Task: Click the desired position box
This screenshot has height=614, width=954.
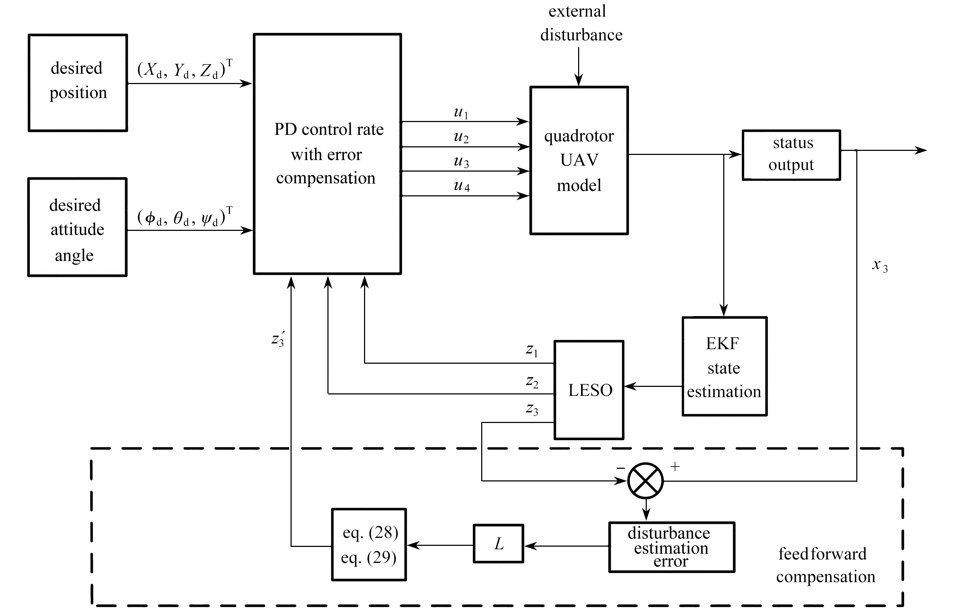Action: pyautogui.click(x=78, y=82)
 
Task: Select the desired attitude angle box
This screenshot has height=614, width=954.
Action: pyautogui.click(x=77, y=227)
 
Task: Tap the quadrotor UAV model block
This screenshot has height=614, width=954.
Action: pyautogui.click(x=579, y=160)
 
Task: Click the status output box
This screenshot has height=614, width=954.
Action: pyautogui.click(x=791, y=155)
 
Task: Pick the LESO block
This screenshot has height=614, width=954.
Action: pyautogui.click(x=589, y=390)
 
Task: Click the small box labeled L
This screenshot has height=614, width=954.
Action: pyautogui.click(x=498, y=543)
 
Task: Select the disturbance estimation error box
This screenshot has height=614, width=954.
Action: pyautogui.click(x=672, y=547)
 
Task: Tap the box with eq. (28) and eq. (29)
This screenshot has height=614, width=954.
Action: pyautogui.click(x=369, y=545)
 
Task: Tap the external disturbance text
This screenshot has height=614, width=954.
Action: pyautogui.click(x=580, y=23)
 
